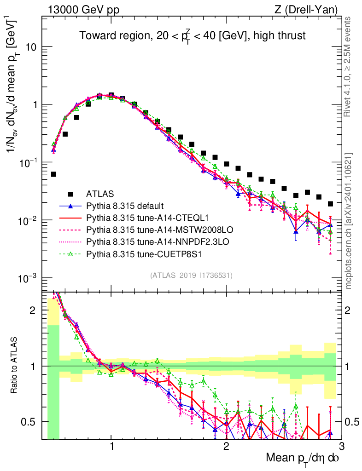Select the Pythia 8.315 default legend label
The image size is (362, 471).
[x=124, y=206]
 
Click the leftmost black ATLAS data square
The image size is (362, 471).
[x=53, y=174]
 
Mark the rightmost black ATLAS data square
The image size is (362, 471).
[x=330, y=204]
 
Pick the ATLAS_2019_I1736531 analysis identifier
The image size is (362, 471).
[x=191, y=276]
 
